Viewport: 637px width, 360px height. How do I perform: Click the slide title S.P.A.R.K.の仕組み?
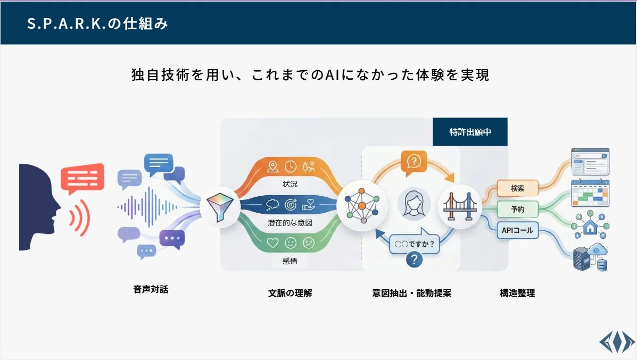[x=98, y=24]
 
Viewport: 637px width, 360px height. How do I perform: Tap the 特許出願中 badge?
[x=470, y=132]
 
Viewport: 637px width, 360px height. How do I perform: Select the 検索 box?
[x=517, y=188]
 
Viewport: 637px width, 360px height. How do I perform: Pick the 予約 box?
[x=517, y=209]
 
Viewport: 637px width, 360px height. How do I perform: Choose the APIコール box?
[x=517, y=230]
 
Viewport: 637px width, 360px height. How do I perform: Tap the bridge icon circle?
[x=460, y=206]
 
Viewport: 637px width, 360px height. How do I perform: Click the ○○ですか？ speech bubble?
[x=415, y=244]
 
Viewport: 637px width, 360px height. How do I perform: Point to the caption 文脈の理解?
[x=290, y=292]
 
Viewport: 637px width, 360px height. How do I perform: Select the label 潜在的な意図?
[x=290, y=223]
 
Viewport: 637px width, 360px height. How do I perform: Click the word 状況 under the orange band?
[x=290, y=184]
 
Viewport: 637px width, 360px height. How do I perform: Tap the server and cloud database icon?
[x=590, y=258]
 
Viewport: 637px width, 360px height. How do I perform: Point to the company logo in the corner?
[x=616, y=341]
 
